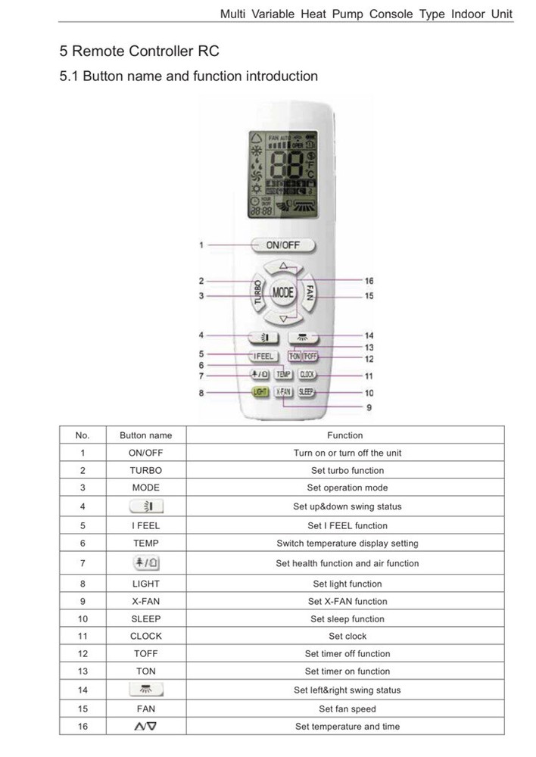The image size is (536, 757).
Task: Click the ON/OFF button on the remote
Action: tap(282, 245)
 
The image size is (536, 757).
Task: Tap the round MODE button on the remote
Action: tap(283, 291)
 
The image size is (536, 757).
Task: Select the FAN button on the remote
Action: tap(310, 291)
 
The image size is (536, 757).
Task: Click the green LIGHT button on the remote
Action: tap(260, 392)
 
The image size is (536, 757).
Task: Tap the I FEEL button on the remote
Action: tap(264, 356)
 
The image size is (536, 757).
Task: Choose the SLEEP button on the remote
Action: tap(306, 392)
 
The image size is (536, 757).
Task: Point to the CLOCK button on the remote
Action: tap(307, 374)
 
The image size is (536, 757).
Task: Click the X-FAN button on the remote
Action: tap(283, 392)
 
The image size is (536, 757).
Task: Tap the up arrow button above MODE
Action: tap(283, 266)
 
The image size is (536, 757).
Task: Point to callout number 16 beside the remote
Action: tap(369, 281)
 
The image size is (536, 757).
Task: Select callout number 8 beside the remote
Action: tap(201, 393)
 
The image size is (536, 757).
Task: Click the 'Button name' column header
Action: tap(145, 435)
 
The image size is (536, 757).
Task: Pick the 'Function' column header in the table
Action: tap(344, 435)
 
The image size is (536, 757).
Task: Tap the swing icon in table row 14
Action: tap(145, 690)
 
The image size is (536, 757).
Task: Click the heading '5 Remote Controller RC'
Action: tap(139, 51)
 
